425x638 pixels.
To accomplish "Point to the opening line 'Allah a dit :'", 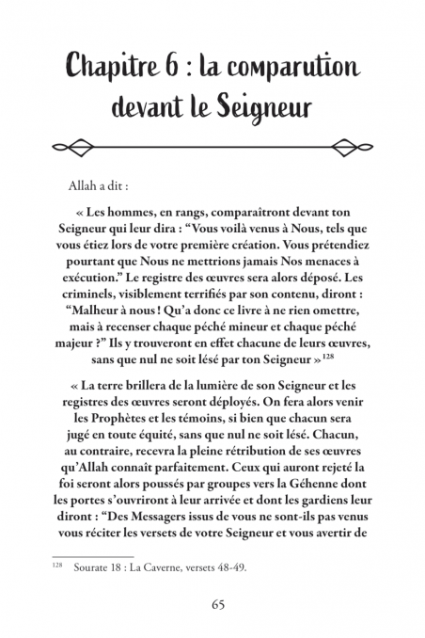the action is pyautogui.click(x=125, y=187).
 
